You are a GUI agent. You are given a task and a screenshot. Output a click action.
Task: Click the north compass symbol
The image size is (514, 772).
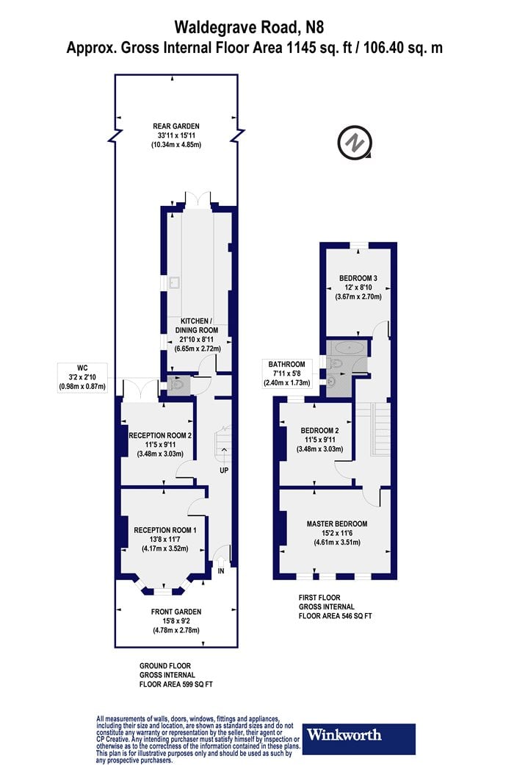coord(354,143)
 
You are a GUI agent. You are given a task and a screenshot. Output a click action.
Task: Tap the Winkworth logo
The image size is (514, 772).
coord(358,738)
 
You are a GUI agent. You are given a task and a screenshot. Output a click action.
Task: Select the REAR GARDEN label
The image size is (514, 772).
coord(176,126)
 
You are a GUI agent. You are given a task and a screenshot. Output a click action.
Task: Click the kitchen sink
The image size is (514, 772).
coord(175,282)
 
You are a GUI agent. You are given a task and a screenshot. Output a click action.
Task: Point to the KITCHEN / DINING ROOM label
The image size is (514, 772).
coord(197,326)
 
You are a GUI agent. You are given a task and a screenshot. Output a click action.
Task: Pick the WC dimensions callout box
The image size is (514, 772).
coord(83,377)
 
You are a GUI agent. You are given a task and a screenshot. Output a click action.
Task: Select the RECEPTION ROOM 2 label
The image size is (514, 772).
coord(160,435)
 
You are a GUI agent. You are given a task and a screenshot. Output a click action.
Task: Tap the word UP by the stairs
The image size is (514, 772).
coord(224,471)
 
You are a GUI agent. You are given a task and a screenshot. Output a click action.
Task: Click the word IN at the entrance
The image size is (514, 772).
coord(221,571)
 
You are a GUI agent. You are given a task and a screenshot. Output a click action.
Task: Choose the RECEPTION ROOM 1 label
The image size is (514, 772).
coord(165,530)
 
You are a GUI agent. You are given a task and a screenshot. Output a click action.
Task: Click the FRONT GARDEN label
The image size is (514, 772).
coord(176,612)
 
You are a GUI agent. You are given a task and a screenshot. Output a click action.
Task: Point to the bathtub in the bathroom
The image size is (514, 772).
coord(349,348)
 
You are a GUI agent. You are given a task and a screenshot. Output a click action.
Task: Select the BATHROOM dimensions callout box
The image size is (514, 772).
coord(287,374)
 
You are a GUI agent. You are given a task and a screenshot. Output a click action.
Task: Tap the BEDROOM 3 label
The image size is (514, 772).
coord(358,278)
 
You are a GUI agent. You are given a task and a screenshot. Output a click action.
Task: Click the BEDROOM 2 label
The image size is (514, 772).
coord(319,430)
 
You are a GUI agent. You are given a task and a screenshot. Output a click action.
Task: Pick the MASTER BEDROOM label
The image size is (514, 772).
coord(337,523)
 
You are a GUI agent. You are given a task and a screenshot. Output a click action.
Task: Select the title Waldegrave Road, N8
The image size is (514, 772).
coord(250,27)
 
